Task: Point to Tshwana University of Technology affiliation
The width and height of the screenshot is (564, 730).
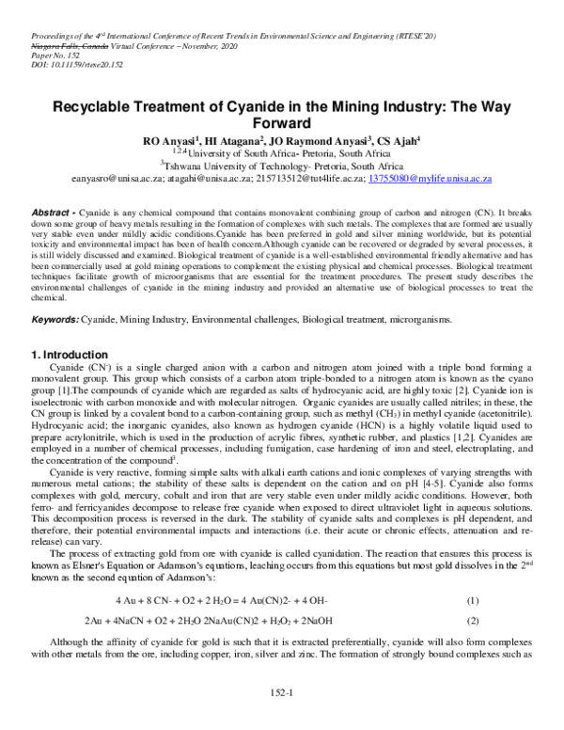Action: click(x=281, y=165)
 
